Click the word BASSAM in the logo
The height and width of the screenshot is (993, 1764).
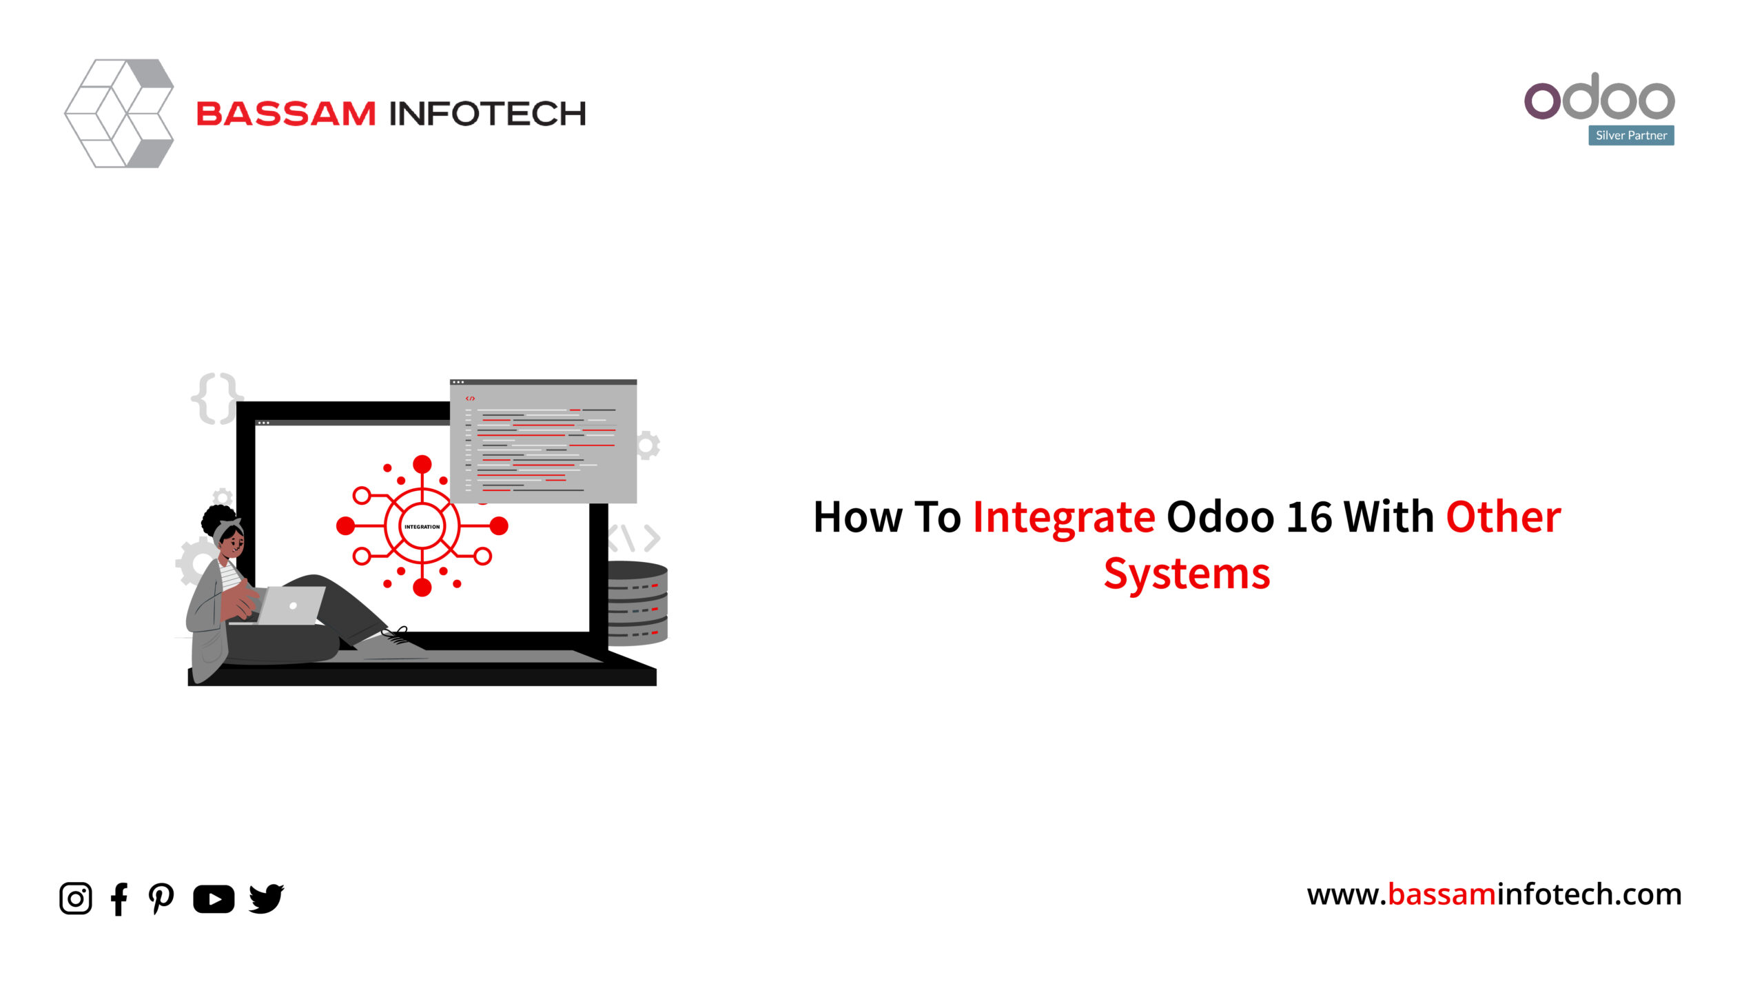point(286,114)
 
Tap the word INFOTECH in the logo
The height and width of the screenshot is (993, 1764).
point(488,114)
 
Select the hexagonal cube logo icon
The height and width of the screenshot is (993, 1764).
point(119,113)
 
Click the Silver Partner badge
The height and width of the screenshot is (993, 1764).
point(1631,135)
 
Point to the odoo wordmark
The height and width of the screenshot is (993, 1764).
point(1599,97)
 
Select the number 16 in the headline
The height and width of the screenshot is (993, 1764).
point(1309,516)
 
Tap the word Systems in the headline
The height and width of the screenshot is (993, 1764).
point(1187,574)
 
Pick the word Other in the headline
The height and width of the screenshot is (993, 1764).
point(1504,516)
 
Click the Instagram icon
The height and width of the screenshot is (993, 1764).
point(76,899)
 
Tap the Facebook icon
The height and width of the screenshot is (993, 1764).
point(119,899)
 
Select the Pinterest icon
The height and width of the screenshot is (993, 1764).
point(161,899)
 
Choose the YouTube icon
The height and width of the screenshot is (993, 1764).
point(214,899)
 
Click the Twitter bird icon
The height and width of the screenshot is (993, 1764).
point(267,899)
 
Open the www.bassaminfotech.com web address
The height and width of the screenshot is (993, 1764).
point(1494,894)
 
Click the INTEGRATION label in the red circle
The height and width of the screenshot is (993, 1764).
point(422,527)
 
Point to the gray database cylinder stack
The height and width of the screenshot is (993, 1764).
point(637,603)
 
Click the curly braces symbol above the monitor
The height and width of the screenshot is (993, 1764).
point(216,399)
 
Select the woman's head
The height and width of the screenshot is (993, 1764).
point(224,531)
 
